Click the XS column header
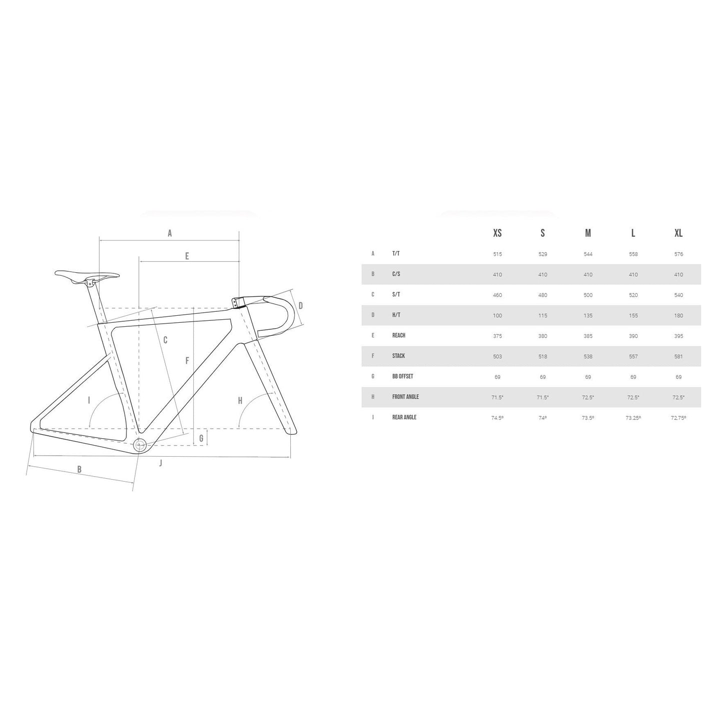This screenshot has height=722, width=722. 497,233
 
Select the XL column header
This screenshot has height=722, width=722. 678,233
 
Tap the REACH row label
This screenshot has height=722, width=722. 399,335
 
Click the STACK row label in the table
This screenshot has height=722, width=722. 398,356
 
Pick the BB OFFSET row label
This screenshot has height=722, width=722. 402,376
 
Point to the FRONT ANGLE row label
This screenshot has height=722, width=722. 405,397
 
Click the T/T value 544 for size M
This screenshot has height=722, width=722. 588,254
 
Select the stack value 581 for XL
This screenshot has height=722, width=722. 678,356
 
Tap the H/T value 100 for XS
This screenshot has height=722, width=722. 497,315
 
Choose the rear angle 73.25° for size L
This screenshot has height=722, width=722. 633,418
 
